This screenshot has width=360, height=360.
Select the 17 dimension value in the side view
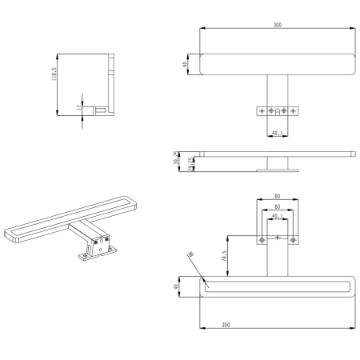[78, 107]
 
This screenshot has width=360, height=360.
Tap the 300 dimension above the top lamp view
[276, 26]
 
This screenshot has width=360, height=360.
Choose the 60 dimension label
[277, 206]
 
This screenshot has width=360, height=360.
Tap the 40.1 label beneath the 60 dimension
[277, 215]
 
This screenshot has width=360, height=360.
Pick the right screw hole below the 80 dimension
[293, 239]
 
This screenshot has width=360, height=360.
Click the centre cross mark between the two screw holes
[277, 238]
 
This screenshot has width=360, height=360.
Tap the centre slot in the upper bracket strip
[277, 110]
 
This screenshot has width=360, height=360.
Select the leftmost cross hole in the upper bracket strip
[260, 109]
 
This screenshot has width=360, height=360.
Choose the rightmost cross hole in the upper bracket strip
[294, 109]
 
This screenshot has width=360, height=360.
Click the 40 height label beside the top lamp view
[185, 65]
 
